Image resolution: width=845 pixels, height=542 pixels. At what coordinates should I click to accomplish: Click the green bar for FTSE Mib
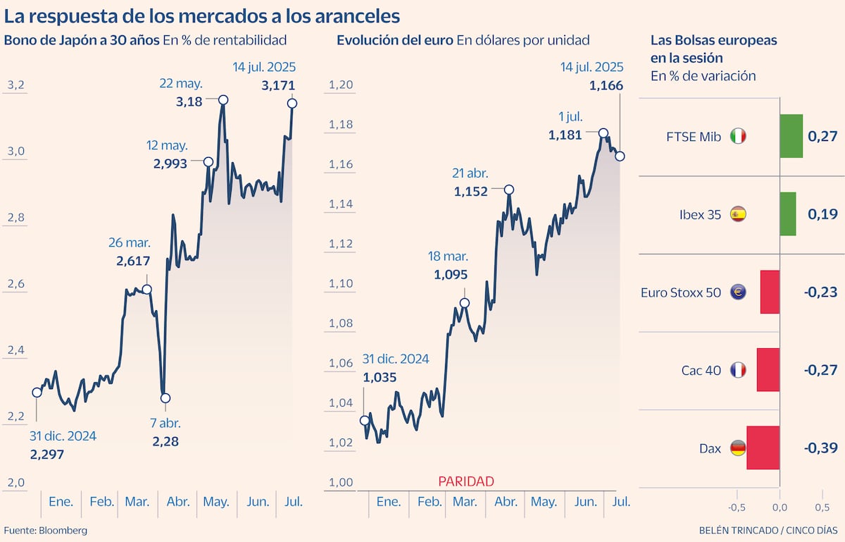[x=791, y=136]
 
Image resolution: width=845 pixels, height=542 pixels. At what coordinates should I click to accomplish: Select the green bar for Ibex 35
[x=787, y=214]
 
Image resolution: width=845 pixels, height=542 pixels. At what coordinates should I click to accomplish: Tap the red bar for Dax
[x=763, y=448]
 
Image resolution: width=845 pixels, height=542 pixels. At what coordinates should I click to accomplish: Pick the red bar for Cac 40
[x=768, y=370]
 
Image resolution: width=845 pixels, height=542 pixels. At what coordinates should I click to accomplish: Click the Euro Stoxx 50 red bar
[x=770, y=292]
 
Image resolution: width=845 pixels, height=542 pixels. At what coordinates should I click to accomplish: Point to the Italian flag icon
[x=738, y=137]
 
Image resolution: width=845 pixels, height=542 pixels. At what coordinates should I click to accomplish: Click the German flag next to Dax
[x=738, y=448]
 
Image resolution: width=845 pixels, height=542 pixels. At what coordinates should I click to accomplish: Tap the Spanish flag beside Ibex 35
[x=738, y=214]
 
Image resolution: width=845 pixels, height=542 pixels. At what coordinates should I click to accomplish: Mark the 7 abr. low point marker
[x=165, y=398]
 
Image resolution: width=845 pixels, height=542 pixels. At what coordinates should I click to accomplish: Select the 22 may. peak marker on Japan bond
[x=223, y=100]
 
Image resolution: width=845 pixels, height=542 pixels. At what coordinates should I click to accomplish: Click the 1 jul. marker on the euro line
[x=603, y=133]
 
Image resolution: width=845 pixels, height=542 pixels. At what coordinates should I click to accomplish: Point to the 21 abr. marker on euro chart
[x=509, y=190]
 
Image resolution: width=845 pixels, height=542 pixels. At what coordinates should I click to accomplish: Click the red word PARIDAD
[x=466, y=481]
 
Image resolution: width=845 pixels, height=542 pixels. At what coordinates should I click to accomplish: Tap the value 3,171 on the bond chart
[x=278, y=86]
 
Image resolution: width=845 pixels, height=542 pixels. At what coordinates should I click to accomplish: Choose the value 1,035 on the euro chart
[x=380, y=377]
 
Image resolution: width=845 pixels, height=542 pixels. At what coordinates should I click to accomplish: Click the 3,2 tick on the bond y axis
[x=16, y=86]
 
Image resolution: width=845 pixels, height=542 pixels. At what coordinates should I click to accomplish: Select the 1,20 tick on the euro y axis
[x=340, y=85]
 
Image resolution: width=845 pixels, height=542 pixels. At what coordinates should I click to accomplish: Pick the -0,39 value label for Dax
[x=820, y=448]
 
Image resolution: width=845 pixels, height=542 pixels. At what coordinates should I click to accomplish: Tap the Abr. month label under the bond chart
[x=177, y=502]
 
